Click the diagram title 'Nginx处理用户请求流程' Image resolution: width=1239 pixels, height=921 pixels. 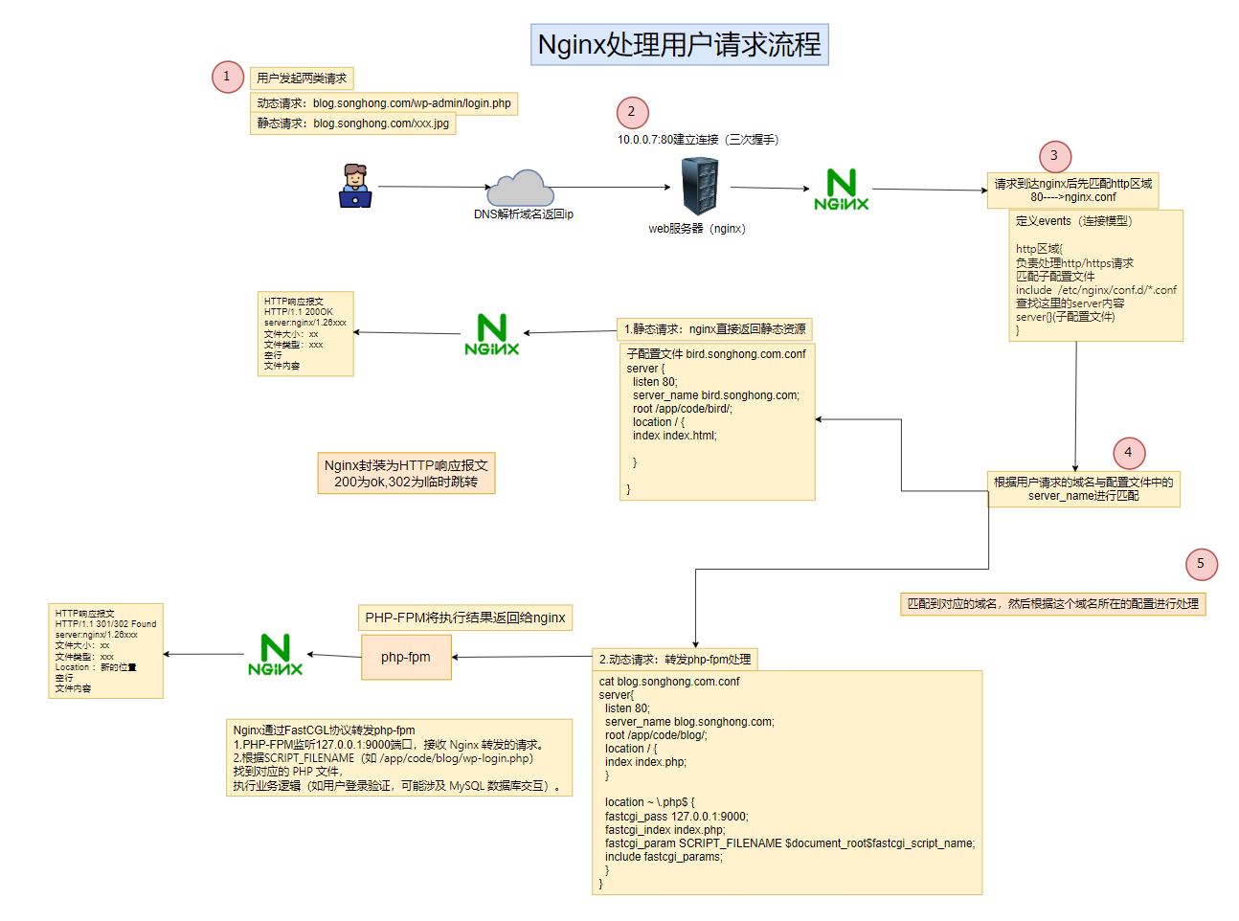tap(679, 45)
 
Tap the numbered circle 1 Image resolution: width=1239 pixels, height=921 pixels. tap(228, 77)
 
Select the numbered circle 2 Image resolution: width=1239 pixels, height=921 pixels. tap(632, 112)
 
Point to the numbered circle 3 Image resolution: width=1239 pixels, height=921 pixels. tap(1054, 156)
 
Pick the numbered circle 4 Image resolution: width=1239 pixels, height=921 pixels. tap(1128, 453)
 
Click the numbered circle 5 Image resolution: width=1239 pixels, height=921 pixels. tap(1201, 564)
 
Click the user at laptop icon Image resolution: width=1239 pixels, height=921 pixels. tap(355, 186)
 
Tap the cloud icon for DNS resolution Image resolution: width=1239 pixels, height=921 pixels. tap(521, 187)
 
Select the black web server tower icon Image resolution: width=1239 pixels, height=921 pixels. tap(700, 186)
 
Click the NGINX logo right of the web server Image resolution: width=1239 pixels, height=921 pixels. tap(841, 190)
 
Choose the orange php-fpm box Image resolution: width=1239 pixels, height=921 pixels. tap(406, 658)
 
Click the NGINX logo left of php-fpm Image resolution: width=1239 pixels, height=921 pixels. tap(275, 655)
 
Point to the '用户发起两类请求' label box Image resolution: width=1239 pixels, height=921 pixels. tap(302, 79)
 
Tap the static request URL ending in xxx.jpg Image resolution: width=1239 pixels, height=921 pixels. tap(381, 124)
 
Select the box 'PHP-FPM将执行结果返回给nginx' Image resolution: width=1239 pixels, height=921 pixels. tap(465, 618)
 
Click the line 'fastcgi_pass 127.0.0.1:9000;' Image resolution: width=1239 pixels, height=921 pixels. tap(676, 817)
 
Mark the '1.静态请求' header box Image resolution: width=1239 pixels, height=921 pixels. tap(714, 329)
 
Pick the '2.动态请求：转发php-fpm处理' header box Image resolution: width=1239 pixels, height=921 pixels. tap(675, 660)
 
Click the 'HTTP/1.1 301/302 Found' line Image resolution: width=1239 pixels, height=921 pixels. tap(105, 624)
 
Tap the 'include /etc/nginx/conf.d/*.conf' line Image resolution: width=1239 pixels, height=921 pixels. tap(1095, 290)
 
